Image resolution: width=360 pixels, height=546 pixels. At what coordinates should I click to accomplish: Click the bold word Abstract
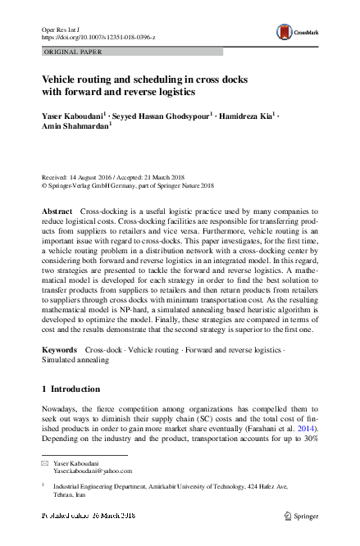coord(57,212)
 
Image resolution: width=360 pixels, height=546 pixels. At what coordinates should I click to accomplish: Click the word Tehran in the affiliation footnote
coord(65,497)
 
